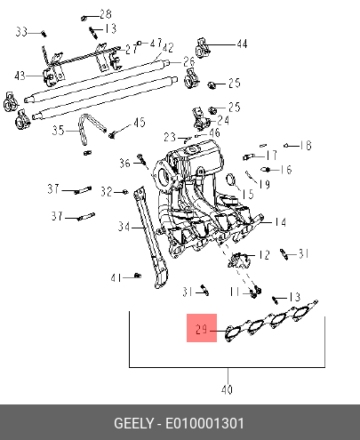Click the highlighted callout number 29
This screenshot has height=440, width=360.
[201, 329]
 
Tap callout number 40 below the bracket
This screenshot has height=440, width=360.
[227, 389]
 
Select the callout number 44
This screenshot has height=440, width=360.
[242, 44]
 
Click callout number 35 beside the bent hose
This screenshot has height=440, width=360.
[58, 130]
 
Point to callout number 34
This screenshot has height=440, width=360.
[124, 227]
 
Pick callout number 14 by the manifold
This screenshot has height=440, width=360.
[280, 222]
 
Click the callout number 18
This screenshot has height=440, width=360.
[306, 145]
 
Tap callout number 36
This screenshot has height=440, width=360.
[124, 163]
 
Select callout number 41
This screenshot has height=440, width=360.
[116, 278]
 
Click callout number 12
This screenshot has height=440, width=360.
[264, 255]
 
